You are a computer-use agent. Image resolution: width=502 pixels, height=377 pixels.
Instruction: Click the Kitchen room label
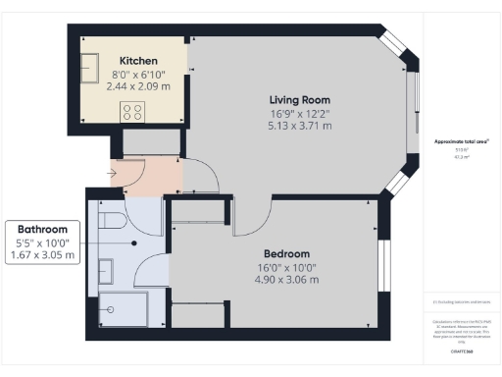pyautogui.click(x=138, y=61)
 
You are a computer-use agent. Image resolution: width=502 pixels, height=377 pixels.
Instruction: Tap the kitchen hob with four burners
pyautogui.click(x=132, y=111)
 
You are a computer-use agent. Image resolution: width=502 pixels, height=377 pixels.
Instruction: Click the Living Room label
pyautogui.click(x=300, y=99)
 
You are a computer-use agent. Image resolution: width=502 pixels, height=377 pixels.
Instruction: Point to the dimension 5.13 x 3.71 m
pyautogui.click(x=300, y=126)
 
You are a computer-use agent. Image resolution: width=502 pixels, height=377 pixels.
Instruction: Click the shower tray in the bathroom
pyautogui.click(x=125, y=308)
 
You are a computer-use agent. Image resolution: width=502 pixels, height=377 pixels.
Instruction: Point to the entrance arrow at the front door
pyautogui.click(x=114, y=176)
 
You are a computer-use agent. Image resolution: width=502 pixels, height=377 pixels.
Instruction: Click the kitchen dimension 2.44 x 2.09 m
pyautogui.click(x=138, y=86)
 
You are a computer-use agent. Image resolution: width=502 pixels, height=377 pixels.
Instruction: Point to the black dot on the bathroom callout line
pyautogui.click(x=133, y=242)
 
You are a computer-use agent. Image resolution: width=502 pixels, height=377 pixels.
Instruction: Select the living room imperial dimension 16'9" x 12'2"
pyautogui.click(x=300, y=113)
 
